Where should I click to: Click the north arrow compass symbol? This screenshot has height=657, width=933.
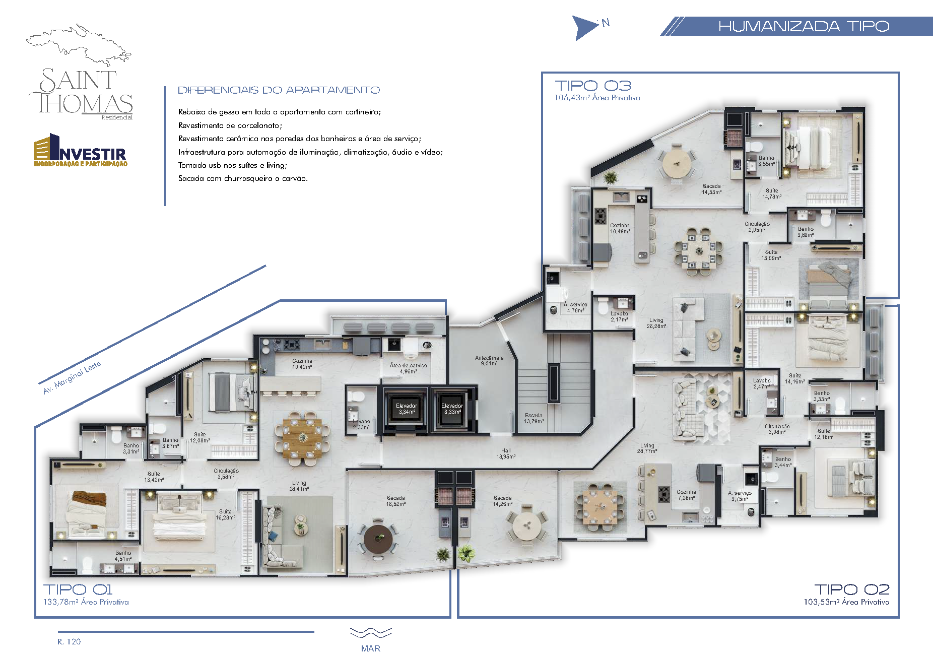click(x=584, y=27)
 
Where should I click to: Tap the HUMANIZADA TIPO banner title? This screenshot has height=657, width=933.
click(x=804, y=26)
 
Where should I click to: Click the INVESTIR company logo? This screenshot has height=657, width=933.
click(x=81, y=151)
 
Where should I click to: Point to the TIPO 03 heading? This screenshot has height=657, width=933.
click(x=592, y=86)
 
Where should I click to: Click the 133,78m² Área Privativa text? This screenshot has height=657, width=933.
click(x=86, y=602)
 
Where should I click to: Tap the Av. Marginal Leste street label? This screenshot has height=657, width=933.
click(x=72, y=377)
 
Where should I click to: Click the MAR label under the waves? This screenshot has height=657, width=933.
click(x=370, y=648)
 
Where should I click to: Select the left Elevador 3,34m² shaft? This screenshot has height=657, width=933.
click(x=407, y=409)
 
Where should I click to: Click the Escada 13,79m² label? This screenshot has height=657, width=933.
click(x=534, y=418)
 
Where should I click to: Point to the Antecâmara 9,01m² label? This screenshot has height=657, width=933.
click(x=489, y=360)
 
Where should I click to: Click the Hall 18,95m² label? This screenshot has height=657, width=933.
click(x=505, y=453)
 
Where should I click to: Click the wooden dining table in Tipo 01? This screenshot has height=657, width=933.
click(x=302, y=436)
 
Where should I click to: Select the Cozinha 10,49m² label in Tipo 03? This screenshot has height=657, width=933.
click(x=620, y=228)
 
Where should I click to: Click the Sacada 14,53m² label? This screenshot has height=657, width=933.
click(x=711, y=189)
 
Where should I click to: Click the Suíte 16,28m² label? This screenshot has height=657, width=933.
click(x=225, y=514)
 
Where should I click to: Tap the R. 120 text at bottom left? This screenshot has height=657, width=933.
click(x=69, y=641)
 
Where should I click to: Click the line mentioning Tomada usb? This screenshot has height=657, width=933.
click(x=232, y=165)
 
